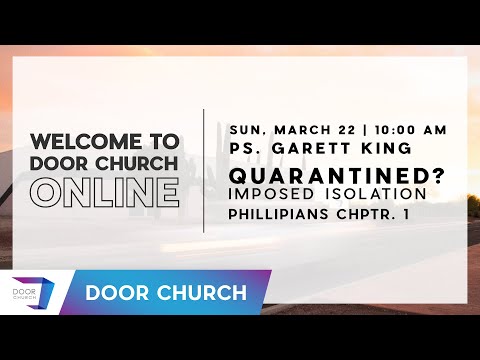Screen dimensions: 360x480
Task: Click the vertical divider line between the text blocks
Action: pos(204,170)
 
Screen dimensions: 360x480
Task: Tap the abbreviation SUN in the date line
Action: pos(246,130)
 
